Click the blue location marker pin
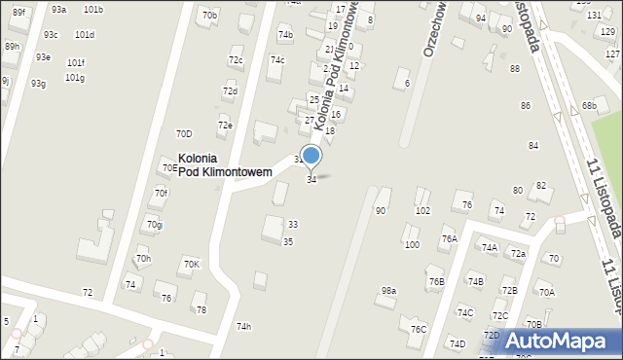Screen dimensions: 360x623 [x=311, y=156]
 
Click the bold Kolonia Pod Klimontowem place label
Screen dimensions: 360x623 [x=224, y=164]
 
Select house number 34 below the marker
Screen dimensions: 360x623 [x=311, y=180]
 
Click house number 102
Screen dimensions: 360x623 [x=422, y=210]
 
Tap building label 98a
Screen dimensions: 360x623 [x=388, y=290]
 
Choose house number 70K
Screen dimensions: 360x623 [x=191, y=264]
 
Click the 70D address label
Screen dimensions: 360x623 [x=184, y=133]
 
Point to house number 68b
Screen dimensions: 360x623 [x=589, y=105]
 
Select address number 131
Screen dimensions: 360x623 [x=594, y=16]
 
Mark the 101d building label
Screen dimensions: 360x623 [x=85, y=34]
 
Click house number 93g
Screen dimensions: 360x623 [x=38, y=83]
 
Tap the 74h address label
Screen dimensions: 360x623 [x=243, y=326]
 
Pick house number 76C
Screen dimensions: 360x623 [x=418, y=329]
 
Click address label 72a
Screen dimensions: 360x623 [x=518, y=254]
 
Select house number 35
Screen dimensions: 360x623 [x=288, y=241]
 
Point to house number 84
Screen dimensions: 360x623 [x=533, y=145]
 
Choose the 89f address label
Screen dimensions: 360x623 [x=18, y=12]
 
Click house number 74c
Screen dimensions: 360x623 [x=277, y=60]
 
